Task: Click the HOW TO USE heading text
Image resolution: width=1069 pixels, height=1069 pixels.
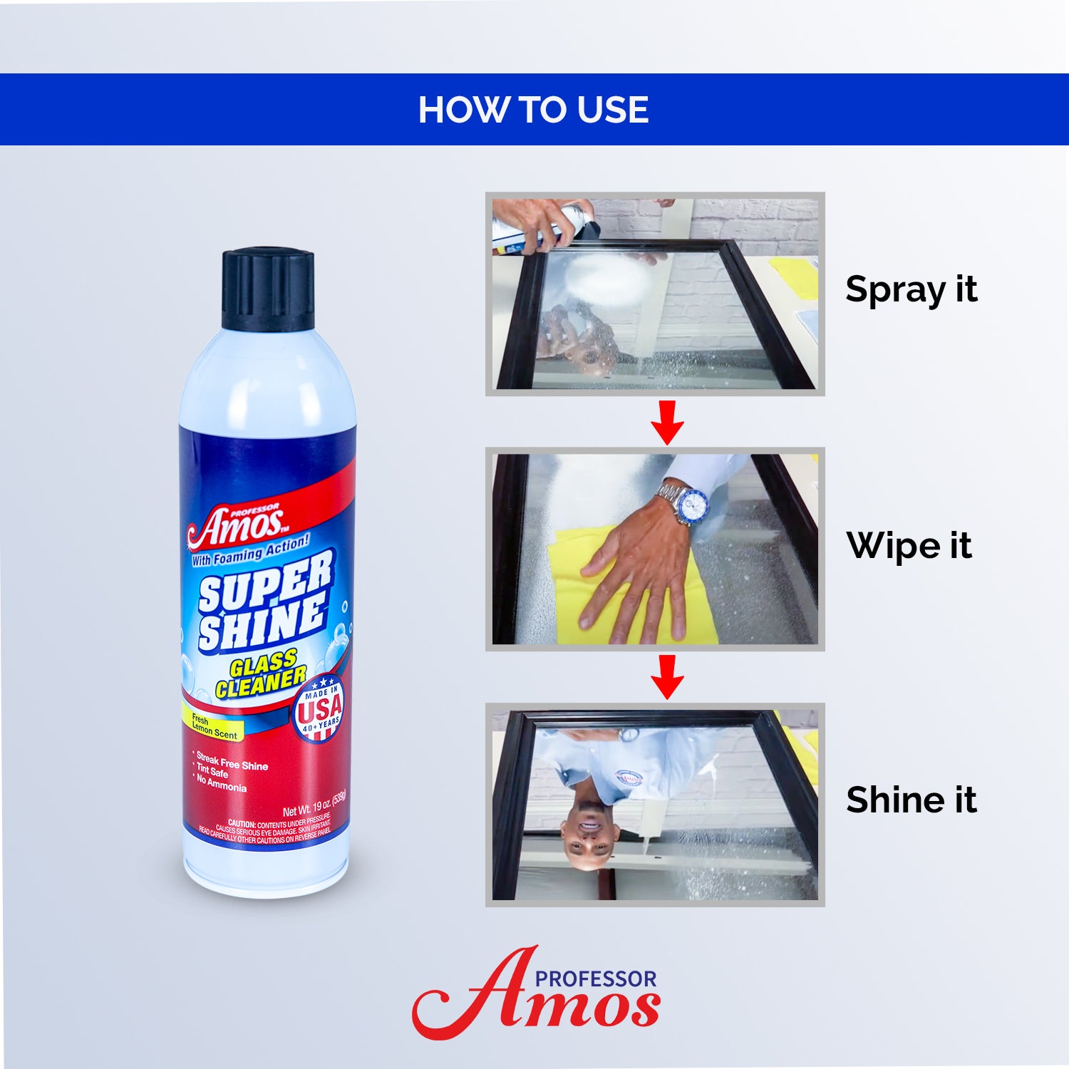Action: coord(533,110)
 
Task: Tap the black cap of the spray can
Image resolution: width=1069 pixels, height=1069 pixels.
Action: coord(268,290)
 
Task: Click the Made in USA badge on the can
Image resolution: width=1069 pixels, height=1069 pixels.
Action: coord(319,708)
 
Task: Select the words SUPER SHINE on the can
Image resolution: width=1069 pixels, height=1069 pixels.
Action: coord(264,603)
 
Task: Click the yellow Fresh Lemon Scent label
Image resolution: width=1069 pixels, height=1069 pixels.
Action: coord(213,727)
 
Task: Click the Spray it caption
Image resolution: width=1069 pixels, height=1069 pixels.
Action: coord(911,289)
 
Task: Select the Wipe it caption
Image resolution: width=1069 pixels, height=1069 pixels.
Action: coord(909,546)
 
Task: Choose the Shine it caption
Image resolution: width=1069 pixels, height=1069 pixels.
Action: coord(911,800)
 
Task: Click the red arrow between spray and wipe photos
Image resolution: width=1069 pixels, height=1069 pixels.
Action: coord(667,423)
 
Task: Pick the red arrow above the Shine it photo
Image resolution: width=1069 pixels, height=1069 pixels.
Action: coord(667,677)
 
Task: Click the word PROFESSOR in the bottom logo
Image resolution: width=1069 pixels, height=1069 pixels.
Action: coord(596,979)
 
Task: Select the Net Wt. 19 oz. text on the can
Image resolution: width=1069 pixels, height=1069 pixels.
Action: coord(314,807)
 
